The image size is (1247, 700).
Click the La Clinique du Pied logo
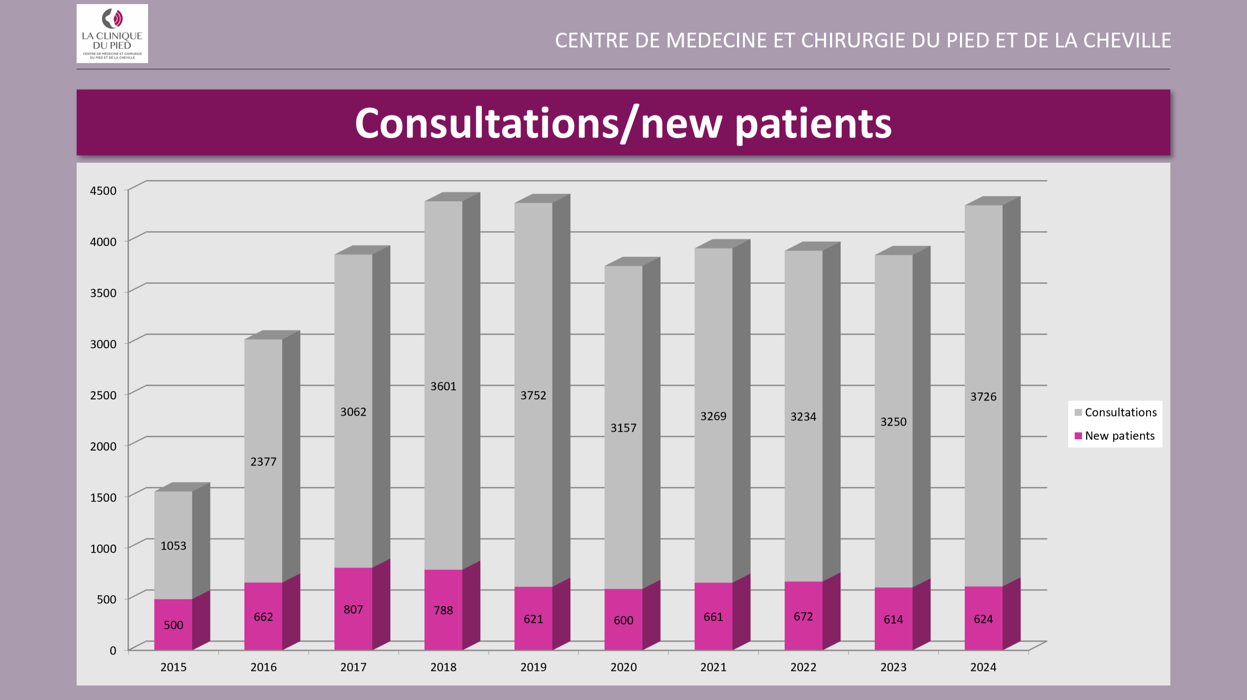pyautogui.click(x=112, y=33)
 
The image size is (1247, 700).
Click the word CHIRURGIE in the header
pyautogui.click(x=853, y=41)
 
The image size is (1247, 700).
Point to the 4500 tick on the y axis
pyautogui.click(x=103, y=191)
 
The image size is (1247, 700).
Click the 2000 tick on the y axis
pyautogui.click(x=103, y=446)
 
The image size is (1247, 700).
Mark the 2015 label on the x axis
pyautogui.click(x=173, y=667)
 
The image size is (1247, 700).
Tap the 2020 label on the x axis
pyautogui.click(x=623, y=667)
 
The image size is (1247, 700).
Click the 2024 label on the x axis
pyautogui.click(x=983, y=667)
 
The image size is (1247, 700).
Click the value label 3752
pyautogui.click(x=533, y=395)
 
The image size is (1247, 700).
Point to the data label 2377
pyautogui.click(x=263, y=462)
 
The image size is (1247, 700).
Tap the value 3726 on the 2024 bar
pyautogui.click(x=983, y=397)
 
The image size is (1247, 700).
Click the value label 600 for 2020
pyautogui.click(x=623, y=621)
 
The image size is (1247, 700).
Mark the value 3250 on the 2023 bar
pyautogui.click(x=893, y=422)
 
